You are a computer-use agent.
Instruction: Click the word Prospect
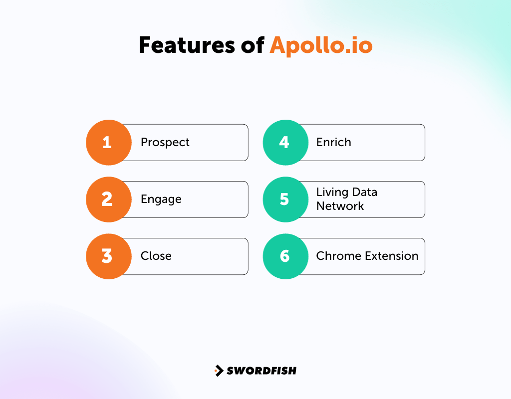point(165,143)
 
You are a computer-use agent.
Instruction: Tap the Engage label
point(161,199)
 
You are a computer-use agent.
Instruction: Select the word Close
point(156,256)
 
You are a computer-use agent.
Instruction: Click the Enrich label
point(334,143)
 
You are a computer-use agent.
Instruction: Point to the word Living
point(332,193)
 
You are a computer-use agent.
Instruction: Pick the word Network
point(340,206)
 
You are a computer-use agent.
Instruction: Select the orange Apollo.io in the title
point(321,46)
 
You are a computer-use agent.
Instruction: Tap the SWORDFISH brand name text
point(261,371)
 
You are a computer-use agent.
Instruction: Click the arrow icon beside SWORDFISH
point(219,371)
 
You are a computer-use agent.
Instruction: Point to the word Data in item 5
point(364,193)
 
